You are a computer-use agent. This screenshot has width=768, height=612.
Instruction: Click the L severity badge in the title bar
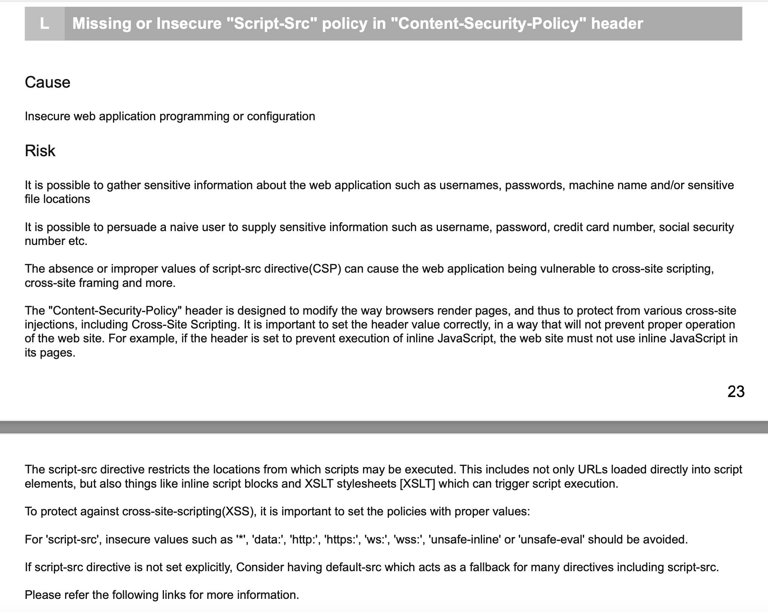(44, 24)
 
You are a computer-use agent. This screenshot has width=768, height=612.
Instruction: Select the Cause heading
(48, 82)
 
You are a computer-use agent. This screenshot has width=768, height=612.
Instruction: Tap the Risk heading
(40, 151)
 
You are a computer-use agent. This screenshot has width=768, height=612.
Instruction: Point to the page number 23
(736, 392)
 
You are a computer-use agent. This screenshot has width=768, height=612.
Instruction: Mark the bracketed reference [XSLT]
(418, 484)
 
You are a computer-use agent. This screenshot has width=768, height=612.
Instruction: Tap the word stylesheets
(366, 484)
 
